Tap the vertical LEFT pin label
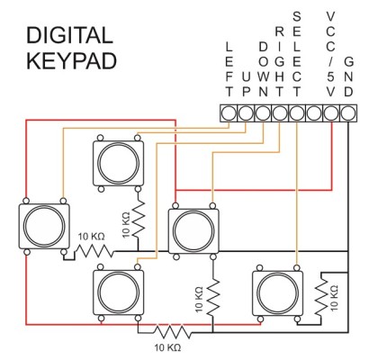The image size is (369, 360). [229, 68]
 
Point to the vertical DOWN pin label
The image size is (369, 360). [263, 68]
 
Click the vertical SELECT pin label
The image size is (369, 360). [297, 53]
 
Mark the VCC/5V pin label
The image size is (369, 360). [331, 53]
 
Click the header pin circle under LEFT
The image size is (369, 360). [229, 112]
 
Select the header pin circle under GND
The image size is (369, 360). [348, 112]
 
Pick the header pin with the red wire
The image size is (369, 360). [331, 112]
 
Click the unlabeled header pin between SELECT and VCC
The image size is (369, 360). [314, 112]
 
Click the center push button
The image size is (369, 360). [193, 229]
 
